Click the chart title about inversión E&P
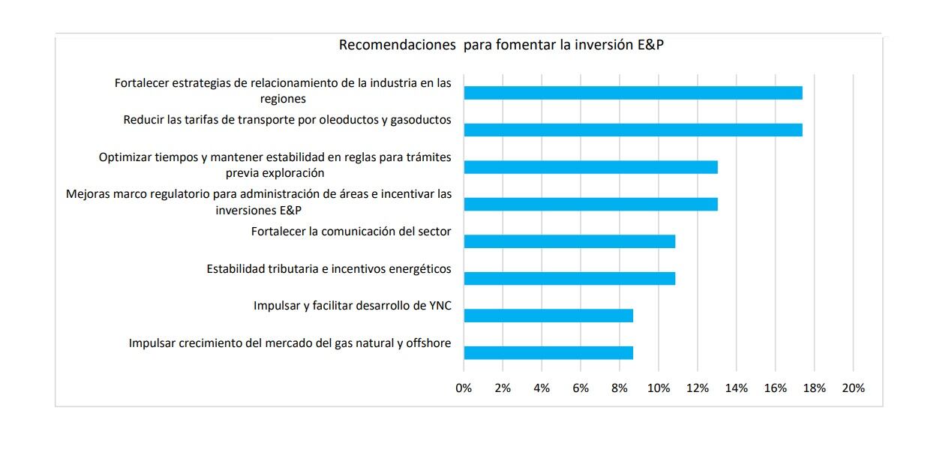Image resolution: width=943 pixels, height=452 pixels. [x=501, y=44]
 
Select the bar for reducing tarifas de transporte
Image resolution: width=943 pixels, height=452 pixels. [x=632, y=130]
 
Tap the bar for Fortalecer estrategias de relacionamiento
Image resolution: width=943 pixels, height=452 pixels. [x=632, y=93]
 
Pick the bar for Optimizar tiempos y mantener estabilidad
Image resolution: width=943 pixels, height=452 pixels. [x=590, y=167]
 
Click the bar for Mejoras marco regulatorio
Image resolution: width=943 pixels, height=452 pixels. [x=590, y=204]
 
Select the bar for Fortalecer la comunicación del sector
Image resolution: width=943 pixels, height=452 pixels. [x=569, y=241]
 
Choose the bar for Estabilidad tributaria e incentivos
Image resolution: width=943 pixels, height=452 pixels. [x=569, y=278]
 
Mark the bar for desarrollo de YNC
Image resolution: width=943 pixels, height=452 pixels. [x=548, y=316]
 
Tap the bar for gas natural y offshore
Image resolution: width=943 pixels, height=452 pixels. [x=548, y=352]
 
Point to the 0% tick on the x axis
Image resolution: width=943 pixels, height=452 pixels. [x=464, y=388]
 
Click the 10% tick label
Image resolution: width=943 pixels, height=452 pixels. [x=659, y=388]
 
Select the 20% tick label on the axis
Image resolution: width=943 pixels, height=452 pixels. [x=853, y=388]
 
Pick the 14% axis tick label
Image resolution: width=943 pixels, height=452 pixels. [x=736, y=388]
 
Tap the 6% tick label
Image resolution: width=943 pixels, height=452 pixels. [x=581, y=388]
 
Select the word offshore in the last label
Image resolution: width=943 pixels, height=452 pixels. [x=428, y=343]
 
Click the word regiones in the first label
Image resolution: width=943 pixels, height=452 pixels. [x=284, y=98]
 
